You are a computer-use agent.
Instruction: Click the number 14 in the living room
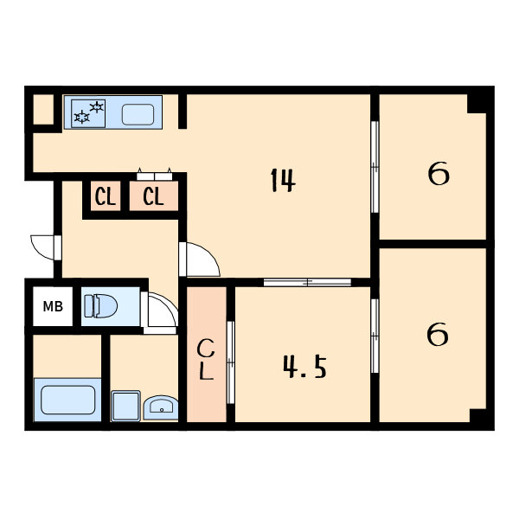[x=283, y=180]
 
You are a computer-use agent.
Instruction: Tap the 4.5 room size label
[x=304, y=367]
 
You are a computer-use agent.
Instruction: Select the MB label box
[x=53, y=306]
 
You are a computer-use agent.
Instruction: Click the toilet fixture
[x=100, y=306]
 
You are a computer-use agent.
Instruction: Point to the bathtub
[x=67, y=400]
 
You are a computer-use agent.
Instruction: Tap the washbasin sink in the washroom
[x=161, y=407]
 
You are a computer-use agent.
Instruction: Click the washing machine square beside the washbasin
[x=125, y=406]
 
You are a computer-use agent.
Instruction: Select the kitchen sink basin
[x=138, y=114]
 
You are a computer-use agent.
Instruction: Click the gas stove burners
[x=88, y=113]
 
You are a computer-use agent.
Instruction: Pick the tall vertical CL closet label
[x=206, y=359]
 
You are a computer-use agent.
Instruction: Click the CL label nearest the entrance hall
[x=106, y=196]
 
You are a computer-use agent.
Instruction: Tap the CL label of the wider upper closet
[x=153, y=196]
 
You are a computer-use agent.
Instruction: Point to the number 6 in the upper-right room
[x=439, y=174]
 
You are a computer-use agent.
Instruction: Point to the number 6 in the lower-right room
[x=438, y=334]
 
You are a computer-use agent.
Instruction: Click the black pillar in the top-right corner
[x=477, y=104]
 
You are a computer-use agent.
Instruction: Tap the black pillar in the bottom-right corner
[x=478, y=415]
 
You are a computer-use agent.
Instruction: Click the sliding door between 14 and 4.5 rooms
[x=307, y=282]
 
